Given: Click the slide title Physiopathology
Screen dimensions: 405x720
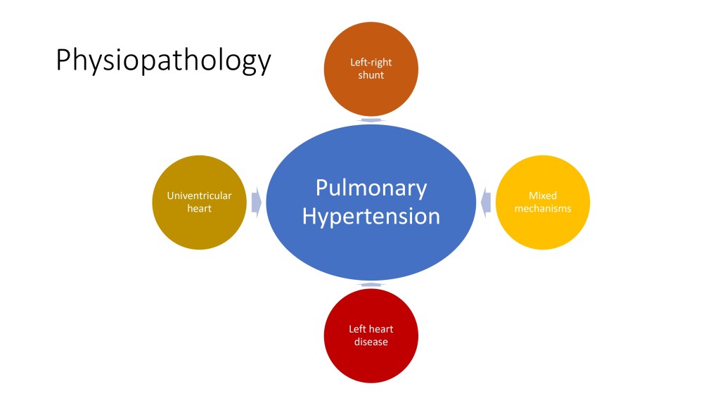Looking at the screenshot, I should click(x=163, y=60).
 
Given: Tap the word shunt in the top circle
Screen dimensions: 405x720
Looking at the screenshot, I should click(x=371, y=75).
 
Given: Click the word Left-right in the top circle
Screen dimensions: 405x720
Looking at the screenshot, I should click(x=371, y=63).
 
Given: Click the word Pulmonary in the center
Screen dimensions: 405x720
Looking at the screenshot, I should click(x=371, y=188).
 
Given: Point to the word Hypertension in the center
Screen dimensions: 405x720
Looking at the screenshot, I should click(x=371, y=216).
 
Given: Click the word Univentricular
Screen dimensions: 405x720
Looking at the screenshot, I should click(x=200, y=196).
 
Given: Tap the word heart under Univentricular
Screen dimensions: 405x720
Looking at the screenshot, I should click(x=200, y=209).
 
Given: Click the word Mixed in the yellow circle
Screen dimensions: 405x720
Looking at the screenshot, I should click(x=543, y=196).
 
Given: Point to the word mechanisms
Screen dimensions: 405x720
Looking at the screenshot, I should click(x=543, y=209).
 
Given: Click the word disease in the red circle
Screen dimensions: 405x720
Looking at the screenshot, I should click(x=371, y=342).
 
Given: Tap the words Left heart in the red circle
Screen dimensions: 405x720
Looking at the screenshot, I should click(x=371, y=330).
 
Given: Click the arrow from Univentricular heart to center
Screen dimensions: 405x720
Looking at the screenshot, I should click(x=257, y=202).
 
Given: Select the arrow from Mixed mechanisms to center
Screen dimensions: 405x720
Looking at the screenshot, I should click(x=486, y=202).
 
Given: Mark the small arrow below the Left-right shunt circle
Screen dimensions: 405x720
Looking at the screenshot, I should click(x=371, y=120).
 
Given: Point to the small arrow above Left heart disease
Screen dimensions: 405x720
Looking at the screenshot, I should click(x=371, y=285).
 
